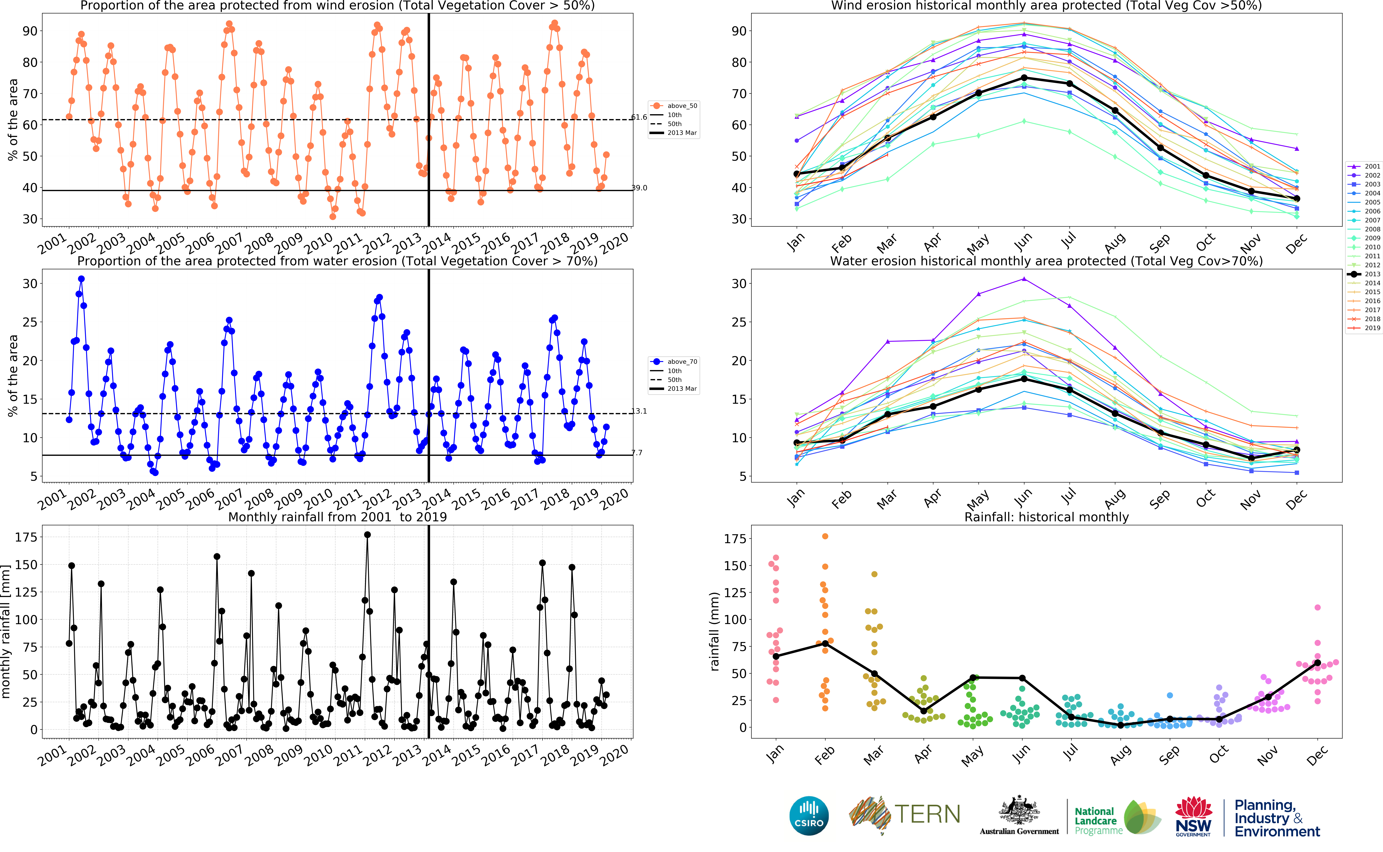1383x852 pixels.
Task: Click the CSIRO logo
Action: (809, 815)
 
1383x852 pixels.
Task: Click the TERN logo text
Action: (927, 814)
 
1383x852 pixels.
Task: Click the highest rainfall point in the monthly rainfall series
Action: (367, 535)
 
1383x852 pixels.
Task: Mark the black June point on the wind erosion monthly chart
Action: (1024, 78)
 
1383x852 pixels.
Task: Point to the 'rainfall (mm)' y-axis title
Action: (714, 631)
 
